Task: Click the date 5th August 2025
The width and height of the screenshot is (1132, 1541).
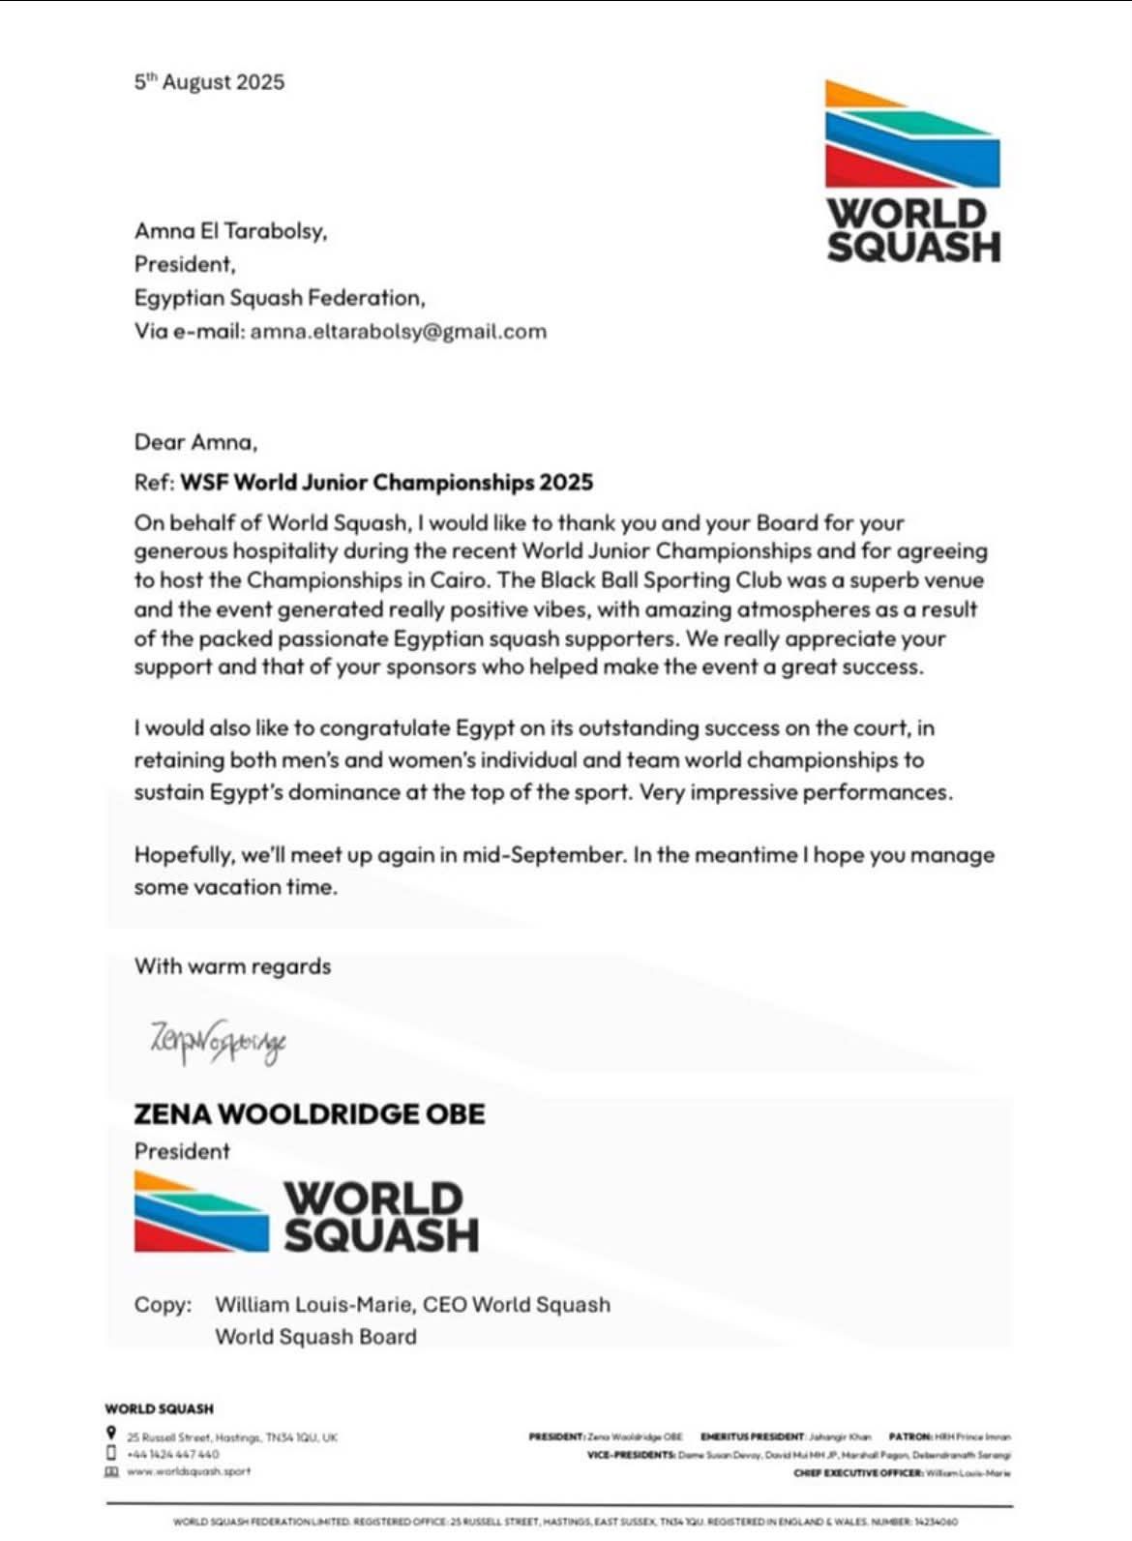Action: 209,82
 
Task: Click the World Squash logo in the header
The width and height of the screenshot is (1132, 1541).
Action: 912,171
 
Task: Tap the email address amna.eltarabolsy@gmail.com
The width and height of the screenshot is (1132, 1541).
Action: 399,332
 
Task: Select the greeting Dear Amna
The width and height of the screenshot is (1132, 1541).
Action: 195,443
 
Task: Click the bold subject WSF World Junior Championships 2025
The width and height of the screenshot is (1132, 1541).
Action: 387,483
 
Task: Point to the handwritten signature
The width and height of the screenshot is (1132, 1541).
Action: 218,1041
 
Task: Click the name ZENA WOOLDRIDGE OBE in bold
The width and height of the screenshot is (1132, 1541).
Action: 309,1114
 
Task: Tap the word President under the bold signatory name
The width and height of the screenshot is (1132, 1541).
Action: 182,1152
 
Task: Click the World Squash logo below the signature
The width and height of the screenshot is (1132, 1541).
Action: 307,1213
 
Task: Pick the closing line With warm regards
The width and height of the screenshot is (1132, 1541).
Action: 232,966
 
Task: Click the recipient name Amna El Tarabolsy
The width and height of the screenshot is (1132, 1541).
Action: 230,231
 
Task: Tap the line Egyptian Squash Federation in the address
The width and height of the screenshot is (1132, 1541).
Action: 279,298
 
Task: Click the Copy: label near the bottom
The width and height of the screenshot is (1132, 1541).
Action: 163,1305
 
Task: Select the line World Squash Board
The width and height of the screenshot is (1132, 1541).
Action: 315,1337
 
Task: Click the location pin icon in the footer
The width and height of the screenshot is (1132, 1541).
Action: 112,1433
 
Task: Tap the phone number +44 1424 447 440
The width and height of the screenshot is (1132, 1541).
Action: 173,1454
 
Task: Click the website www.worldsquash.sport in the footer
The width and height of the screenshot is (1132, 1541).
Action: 189,1471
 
